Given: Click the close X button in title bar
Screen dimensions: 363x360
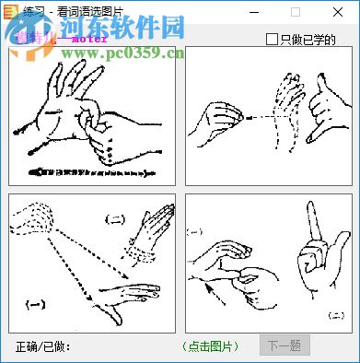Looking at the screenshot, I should pos(339,12).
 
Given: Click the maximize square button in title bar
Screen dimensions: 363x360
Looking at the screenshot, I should pos(296,12).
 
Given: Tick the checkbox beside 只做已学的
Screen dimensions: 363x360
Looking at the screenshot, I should pos(271,39).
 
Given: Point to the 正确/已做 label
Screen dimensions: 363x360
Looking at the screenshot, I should pos(43,346).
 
